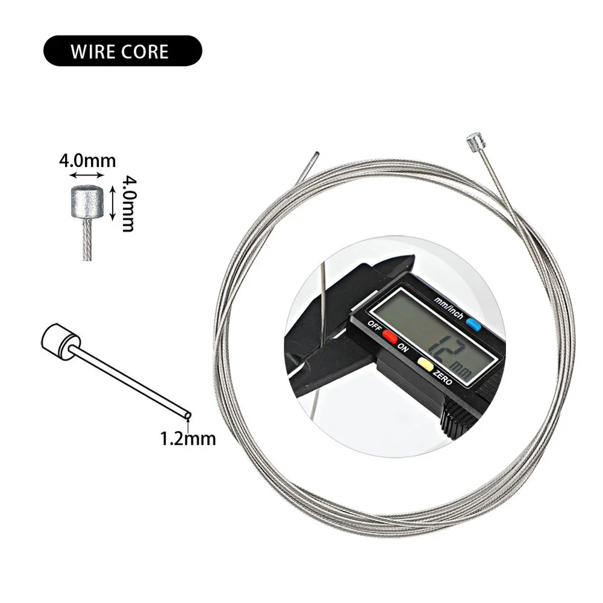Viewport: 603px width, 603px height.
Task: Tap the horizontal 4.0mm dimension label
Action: pyautogui.click(x=87, y=161)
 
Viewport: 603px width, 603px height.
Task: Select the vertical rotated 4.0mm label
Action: pyautogui.click(x=127, y=203)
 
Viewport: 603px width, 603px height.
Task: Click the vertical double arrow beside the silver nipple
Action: pyautogui.click(x=113, y=202)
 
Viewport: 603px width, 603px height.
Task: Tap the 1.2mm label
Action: pyautogui.click(x=187, y=438)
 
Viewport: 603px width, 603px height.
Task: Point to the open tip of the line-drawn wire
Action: pyautogui.click(x=189, y=415)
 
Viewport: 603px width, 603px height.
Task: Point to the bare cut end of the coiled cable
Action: pyautogui.click(x=316, y=154)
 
